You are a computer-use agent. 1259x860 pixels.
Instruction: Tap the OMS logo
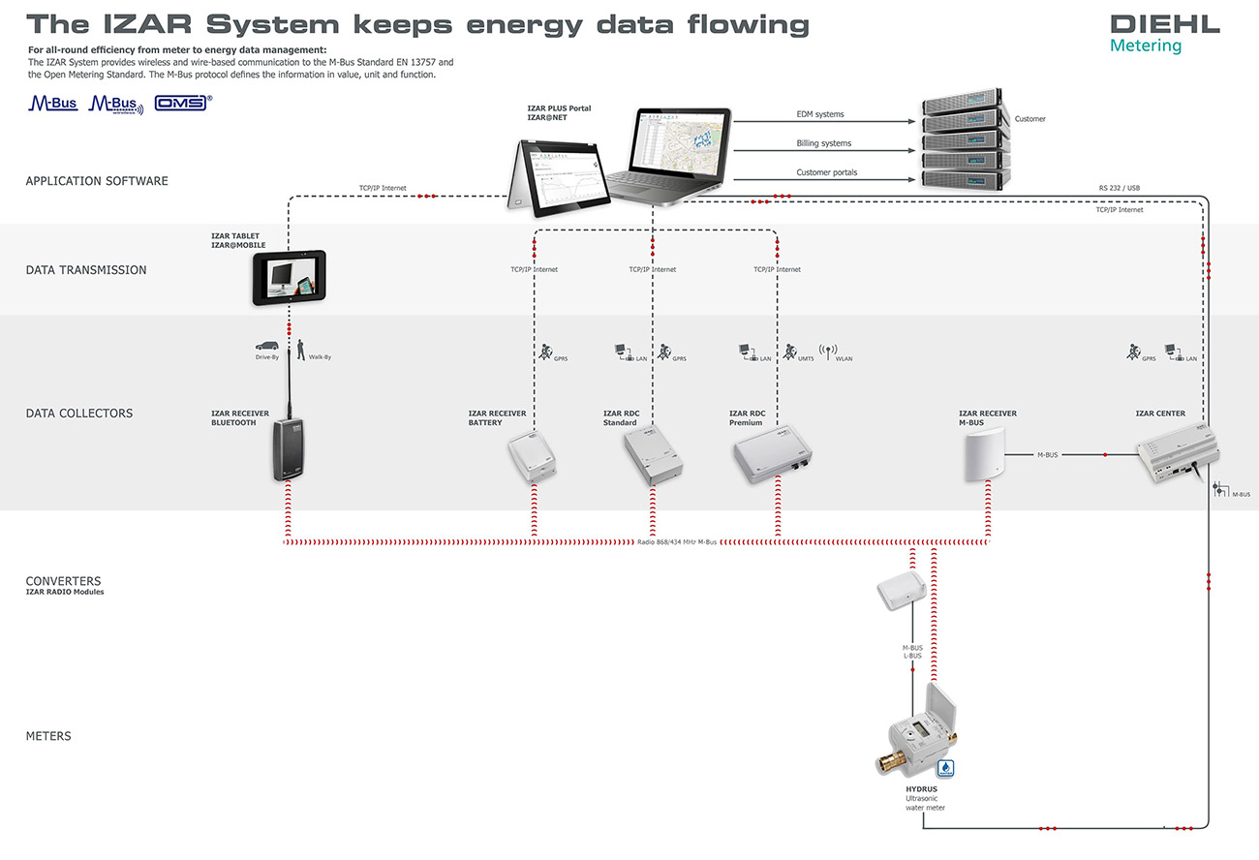point(182,103)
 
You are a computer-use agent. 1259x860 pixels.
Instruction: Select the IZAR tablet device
point(290,278)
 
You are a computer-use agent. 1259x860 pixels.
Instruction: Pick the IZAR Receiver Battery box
point(533,458)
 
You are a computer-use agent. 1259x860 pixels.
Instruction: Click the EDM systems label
point(820,114)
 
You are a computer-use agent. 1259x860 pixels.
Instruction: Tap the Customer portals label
point(826,172)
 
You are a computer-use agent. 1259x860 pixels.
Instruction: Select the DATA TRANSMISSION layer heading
point(86,270)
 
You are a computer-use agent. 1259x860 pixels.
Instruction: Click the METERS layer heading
point(48,736)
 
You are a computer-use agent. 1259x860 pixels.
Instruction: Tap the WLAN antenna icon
point(827,352)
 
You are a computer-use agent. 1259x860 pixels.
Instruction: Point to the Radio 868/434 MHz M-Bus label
point(677,541)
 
